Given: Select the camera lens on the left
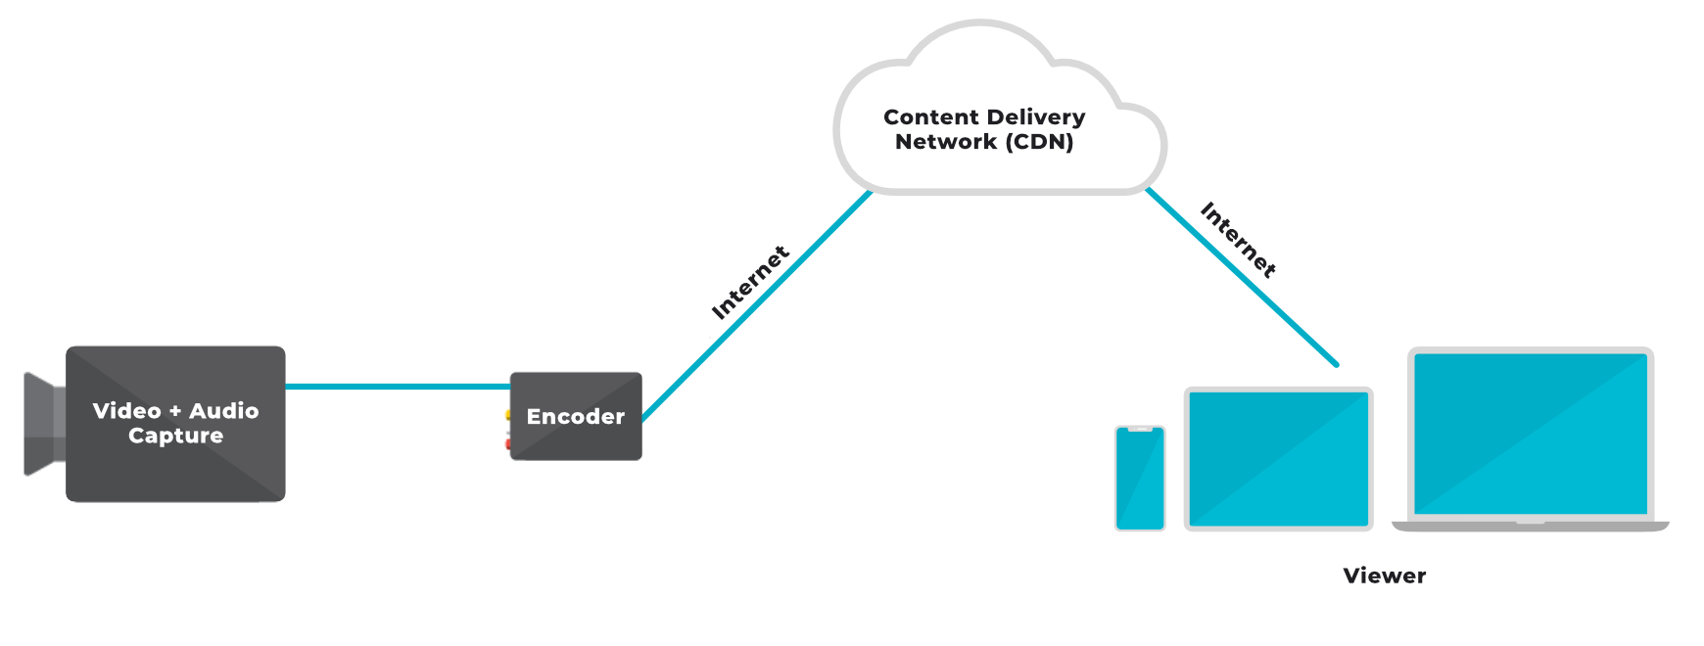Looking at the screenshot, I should [x=43, y=424].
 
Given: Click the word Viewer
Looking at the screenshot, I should [x=1384, y=576].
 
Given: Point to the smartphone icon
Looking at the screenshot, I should [x=1140, y=479].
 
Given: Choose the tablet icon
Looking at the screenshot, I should [x=1278, y=459].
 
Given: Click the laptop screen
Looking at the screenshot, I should [x=1531, y=434].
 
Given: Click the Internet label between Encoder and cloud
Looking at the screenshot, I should [x=750, y=283].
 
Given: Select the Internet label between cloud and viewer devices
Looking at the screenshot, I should [x=1238, y=240].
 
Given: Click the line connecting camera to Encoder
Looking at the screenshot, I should [x=397, y=387].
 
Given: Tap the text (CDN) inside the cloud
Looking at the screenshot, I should [x=1040, y=142].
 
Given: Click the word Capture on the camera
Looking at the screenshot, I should [x=176, y=436].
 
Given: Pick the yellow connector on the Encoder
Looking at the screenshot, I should [x=508, y=415].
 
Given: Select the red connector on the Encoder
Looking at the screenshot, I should [x=508, y=444].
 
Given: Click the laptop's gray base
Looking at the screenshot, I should [x=1531, y=527].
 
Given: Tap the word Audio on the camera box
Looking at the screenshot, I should [x=223, y=411].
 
